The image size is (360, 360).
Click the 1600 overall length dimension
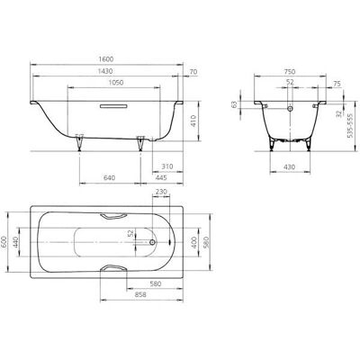(106, 59)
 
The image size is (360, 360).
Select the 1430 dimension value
(105, 71)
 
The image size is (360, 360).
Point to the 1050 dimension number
(116, 83)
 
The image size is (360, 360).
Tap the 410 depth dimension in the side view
(193, 121)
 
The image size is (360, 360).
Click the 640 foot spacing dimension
(109, 178)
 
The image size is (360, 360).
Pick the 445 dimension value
(161, 178)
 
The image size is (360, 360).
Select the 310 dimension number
(167, 166)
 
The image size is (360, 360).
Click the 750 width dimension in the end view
(290, 72)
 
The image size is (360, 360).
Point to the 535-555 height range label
(350, 125)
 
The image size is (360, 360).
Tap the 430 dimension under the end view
(289, 167)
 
